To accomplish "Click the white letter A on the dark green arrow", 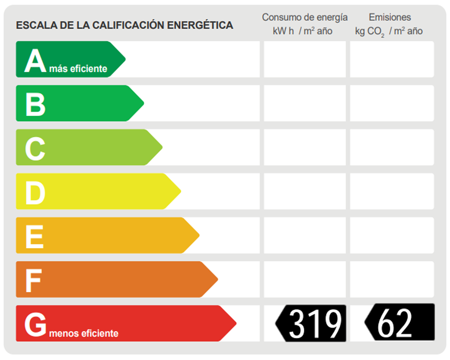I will point(35,61).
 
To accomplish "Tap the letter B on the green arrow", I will point(35,103).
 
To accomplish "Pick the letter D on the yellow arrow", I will point(35,192).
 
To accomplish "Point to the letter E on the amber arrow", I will point(34,236).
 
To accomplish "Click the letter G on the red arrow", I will point(35,324).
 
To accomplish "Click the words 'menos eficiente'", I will point(83,333).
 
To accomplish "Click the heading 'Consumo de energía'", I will point(305,18).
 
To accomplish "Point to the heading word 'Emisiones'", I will point(390,18).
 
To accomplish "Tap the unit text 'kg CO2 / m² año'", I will point(389,31).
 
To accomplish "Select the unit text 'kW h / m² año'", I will point(302,31).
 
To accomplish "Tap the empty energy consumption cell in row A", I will point(305,59).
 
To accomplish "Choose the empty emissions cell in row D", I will point(391,191).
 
